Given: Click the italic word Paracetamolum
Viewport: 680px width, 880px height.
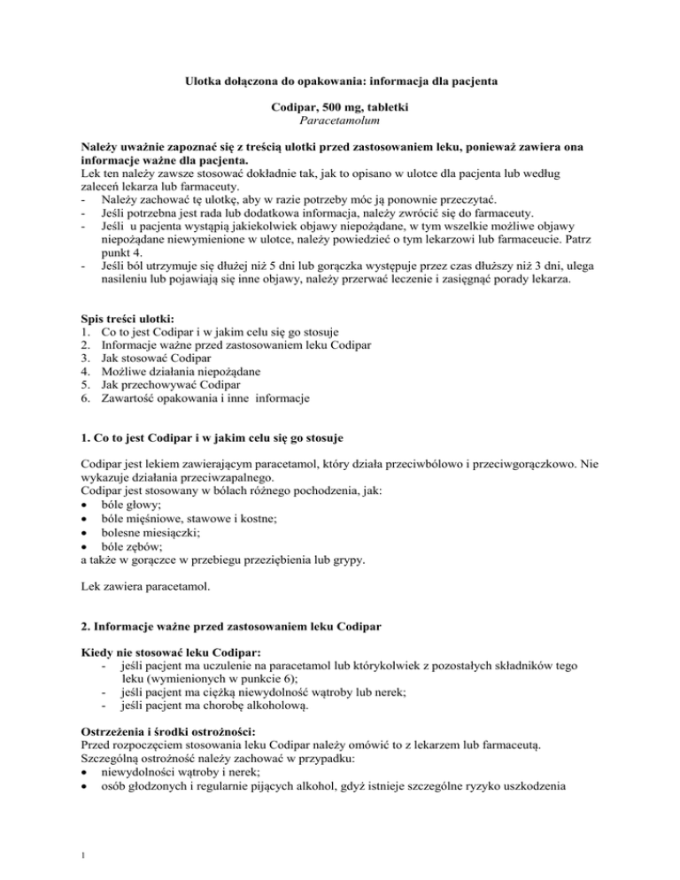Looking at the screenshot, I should pos(340,120).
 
